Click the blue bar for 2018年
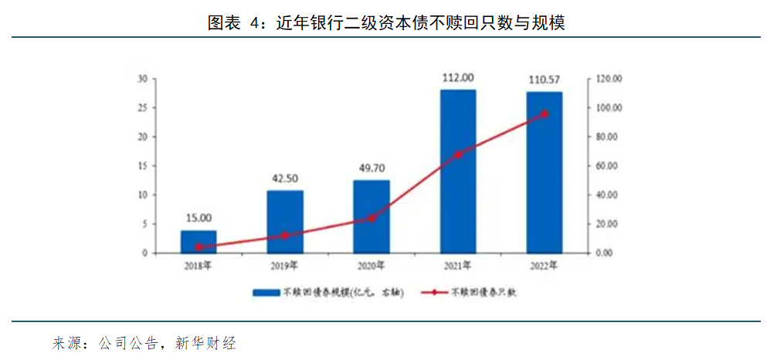coord(198,242)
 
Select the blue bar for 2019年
coord(285,222)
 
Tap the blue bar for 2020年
coord(372,216)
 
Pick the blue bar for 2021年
coord(458,172)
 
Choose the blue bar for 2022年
coord(545,172)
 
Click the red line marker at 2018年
coord(198,247)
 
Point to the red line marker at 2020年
coord(372,218)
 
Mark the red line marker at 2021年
coord(458,155)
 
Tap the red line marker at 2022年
coord(545,114)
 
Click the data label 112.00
coord(458,77)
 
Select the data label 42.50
coord(285,178)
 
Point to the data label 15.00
coord(198,219)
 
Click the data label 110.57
coord(545,80)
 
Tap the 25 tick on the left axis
coord(142,108)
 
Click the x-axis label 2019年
coord(285,266)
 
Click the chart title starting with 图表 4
coord(387,22)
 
